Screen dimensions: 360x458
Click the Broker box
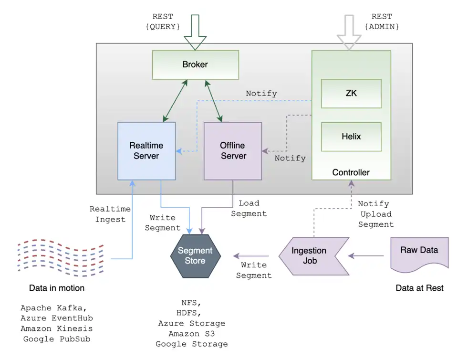click(x=195, y=64)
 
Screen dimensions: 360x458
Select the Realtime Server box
click(x=146, y=151)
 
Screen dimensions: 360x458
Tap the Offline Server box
click(x=233, y=151)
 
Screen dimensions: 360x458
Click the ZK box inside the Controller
click(x=351, y=94)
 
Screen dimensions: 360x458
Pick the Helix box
click(x=351, y=137)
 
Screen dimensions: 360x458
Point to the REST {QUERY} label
click(x=162, y=22)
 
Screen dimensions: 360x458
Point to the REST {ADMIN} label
click(x=382, y=22)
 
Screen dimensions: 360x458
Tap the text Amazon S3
click(x=191, y=334)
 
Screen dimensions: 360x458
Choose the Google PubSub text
click(x=57, y=339)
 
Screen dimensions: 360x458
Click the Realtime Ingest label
click(x=108, y=214)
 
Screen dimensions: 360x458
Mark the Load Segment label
click(x=249, y=209)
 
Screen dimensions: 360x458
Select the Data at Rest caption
click(x=419, y=288)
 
